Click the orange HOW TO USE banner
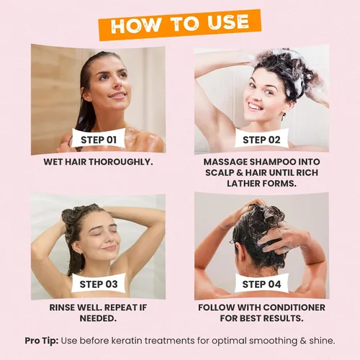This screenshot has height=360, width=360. click(x=180, y=24)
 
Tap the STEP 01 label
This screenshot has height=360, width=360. click(x=99, y=140)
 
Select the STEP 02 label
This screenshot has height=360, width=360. click(x=261, y=140)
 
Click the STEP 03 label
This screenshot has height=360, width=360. click(x=99, y=284)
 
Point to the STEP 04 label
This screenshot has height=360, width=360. click(x=261, y=284)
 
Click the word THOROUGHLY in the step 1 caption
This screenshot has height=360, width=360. click(x=121, y=162)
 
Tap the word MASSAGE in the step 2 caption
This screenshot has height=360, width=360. click(x=225, y=162)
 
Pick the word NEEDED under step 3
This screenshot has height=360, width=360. click(x=98, y=318)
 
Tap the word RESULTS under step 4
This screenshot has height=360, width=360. click(x=282, y=318)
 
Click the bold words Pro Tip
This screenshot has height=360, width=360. click(x=42, y=341)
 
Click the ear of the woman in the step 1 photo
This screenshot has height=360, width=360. click(x=85, y=95)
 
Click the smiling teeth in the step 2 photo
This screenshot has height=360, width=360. click(x=255, y=105)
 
